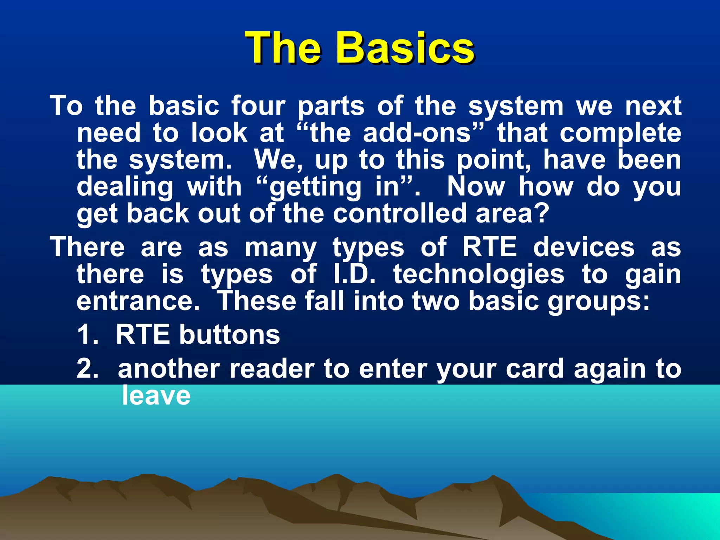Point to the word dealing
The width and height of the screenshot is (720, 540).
[x=125, y=187]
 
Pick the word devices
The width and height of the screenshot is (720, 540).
[x=584, y=247]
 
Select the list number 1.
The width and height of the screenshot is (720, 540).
[x=86, y=334]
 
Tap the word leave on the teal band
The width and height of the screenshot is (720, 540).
[x=156, y=396]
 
